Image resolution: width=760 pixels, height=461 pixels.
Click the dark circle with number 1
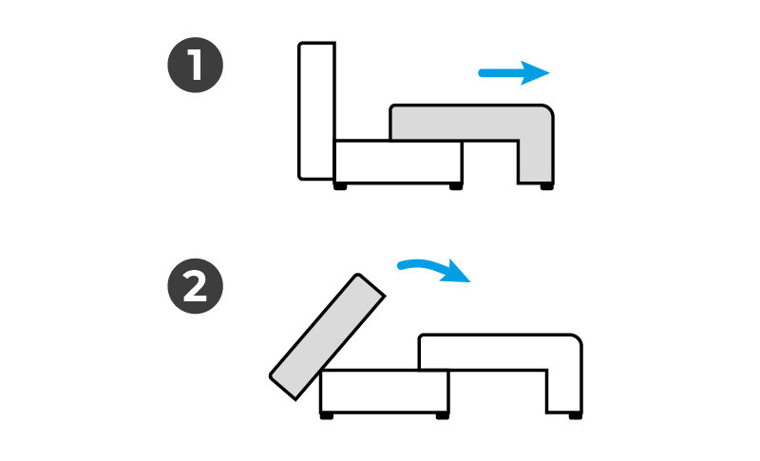pyautogui.click(x=196, y=65)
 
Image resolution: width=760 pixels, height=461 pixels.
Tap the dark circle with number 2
pyautogui.click(x=196, y=286)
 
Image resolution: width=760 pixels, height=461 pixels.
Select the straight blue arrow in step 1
pyautogui.click(x=514, y=73)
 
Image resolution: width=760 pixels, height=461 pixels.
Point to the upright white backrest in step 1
pyautogui.click(x=316, y=111)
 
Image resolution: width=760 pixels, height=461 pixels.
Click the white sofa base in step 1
pyautogui.click(x=398, y=162)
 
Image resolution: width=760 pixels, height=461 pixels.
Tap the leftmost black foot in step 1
pyautogui.click(x=340, y=186)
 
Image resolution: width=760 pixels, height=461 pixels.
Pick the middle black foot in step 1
pyautogui.click(x=456, y=186)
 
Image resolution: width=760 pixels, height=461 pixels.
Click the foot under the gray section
pyautogui.click(x=547, y=186)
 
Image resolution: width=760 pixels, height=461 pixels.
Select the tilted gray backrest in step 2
pyautogui.click(x=328, y=336)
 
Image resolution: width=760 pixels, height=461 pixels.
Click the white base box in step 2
pyautogui.click(x=385, y=392)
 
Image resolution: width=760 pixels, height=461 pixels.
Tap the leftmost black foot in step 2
pyautogui.click(x=327, y=416)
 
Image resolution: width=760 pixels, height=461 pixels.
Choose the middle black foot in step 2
pyautogui.click(x=443, y=416)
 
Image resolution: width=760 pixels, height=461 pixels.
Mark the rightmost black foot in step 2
pyautogui.click(x=576, y=416)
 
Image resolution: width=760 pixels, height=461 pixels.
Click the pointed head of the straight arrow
pyautogui.click(x=550, y=73)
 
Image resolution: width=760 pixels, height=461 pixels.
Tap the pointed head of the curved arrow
pyautogui.click(x=470, y=281)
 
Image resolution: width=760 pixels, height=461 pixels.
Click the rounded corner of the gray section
pyautogui.click(x=549, y=109)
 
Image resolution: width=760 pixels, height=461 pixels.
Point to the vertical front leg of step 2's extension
pyautogui.click(x=564, y=392)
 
